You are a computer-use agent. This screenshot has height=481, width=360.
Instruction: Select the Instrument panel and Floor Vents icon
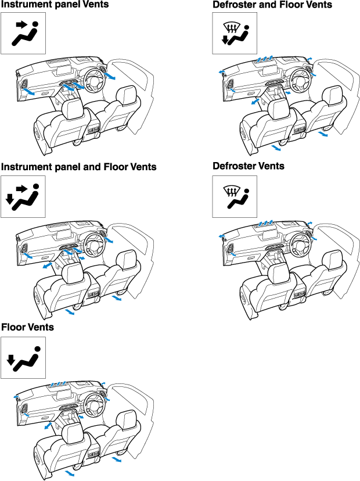pyautogui.click(x=23, y=196)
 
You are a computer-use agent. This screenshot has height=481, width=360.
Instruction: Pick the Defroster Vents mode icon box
pyautogui.click(x=235, y=195)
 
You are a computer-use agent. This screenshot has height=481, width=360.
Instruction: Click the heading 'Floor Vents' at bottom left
pyautogui.click(x=27, y=328)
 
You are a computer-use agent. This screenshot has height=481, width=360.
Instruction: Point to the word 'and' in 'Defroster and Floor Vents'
pyautogui.click(x=275, y=5)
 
